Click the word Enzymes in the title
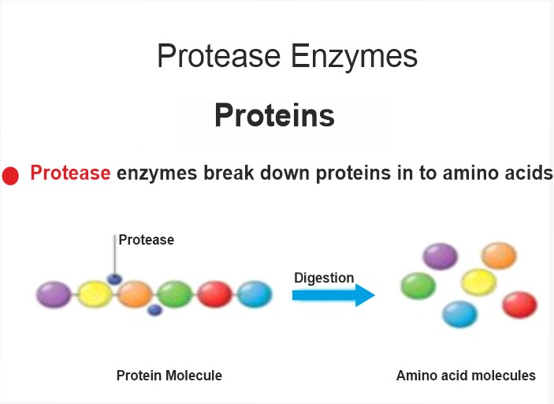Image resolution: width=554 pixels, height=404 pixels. point(354,56)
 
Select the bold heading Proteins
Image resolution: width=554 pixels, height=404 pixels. point(274,115)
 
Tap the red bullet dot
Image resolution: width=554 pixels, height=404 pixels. point(10,176)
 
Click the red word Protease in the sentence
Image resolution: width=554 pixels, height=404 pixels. point(70,173)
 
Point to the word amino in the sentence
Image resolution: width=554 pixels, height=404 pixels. point(469,173)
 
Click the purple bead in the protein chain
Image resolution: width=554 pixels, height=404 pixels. point(54,294)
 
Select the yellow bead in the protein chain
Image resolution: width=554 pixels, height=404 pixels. point(95,294)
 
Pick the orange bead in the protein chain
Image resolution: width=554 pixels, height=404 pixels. point(135,294)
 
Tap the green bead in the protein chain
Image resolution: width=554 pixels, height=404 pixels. point(174,294)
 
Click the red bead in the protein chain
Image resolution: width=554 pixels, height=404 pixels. point(214,294)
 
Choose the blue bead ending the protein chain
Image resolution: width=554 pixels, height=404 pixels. point(255,294)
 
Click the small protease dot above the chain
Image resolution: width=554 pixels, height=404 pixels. point(114,279)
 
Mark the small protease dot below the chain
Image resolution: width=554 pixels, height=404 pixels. point(154,310)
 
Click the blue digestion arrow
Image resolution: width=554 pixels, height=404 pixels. point(333,295)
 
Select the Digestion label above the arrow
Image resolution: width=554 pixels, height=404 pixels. point(324,278)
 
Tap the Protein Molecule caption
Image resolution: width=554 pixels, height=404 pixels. point(169,376)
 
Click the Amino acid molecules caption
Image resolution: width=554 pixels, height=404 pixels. point(466,376)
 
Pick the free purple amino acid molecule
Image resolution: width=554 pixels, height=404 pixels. point(441,256)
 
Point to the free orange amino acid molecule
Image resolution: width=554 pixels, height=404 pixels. point(499,256)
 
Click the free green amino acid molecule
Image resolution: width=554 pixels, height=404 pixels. point(418,286)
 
